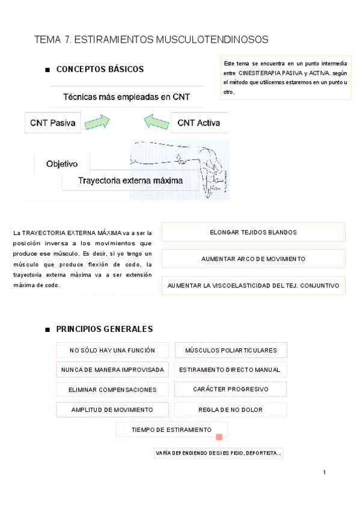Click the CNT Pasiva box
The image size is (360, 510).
pyautogui.click(x=53, y=123)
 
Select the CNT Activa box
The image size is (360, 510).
pyautogui.click(x=198, y=123)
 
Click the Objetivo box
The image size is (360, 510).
pyautogui.click(x=61, y=163)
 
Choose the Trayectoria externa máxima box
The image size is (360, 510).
pyautogui.click(x=130, y=179)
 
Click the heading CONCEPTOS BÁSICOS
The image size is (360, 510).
pyautogui.click(x=100, y=69)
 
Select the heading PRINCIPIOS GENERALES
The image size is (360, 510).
pyautogui.click(x=104, y=329)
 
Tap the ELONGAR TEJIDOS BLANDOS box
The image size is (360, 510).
pyautogui.click(x=253, y=232)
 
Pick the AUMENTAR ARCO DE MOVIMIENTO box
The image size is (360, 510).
pyautogui.click(x=253, y=259)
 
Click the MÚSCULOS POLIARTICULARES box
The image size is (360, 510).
pyautogui.click(x=231, y=350)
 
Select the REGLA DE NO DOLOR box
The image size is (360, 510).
pyautogui.click(x=230, y=410)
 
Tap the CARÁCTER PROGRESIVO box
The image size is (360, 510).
pyautogui.click(x=230, y=389)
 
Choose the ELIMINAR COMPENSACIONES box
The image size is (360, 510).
pyautogui.click(x=112, y=390)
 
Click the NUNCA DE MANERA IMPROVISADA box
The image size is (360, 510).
pyautogui.click(x=112, y=369)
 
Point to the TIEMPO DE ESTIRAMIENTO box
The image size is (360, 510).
pyautogui.click(x=171, y=429)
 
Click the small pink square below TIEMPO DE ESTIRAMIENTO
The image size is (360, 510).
pyautogui.click(x=219, y=437)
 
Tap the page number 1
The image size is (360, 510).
pyautogui.click(x=325, y=472)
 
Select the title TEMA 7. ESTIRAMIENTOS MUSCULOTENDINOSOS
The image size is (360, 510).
pyautogui.click(x=151, y=40)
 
